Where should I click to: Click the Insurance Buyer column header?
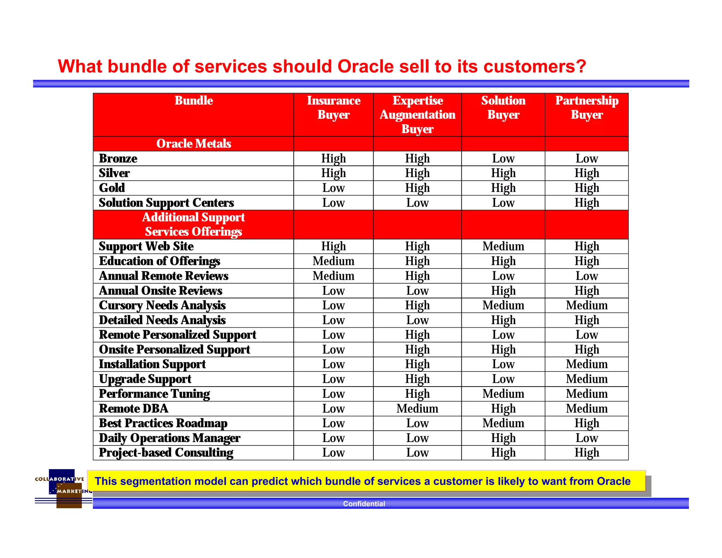[333, 108]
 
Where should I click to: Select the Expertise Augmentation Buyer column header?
[417, 115]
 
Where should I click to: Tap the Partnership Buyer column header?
[587, 108]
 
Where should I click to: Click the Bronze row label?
[118, 158]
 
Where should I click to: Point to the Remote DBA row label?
[134, 408]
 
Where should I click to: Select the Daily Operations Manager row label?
[170, 438]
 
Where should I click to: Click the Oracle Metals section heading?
[194, 144]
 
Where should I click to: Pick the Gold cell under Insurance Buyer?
[333, 188]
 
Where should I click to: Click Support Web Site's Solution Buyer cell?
[503, 246]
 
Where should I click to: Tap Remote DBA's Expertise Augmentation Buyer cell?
[417, 408]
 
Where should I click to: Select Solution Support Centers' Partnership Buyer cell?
[587, 203]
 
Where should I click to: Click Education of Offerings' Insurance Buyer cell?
[333, 261]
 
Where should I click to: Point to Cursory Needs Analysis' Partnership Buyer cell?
[587, 305]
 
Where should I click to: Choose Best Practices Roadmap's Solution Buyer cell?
[503, 423]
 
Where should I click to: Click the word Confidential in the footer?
[364, 504]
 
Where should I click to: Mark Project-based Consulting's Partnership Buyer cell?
[587, 453]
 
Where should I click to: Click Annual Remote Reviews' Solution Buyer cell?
[503, 276]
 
